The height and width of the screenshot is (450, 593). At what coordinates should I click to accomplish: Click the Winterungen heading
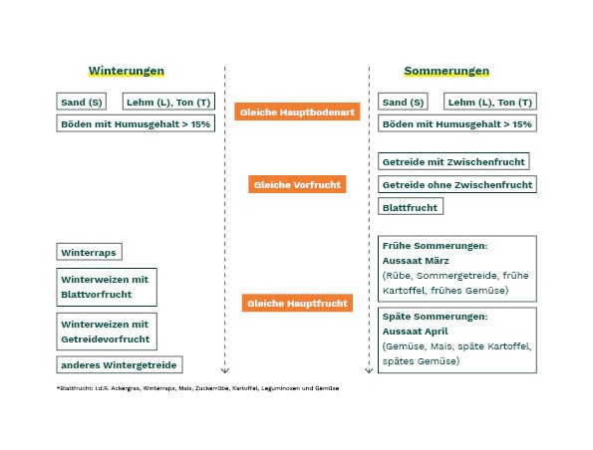(127, 71)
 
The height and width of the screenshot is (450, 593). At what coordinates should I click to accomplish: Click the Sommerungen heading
(446, 71)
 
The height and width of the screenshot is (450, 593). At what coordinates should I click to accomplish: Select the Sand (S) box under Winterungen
(82, 102)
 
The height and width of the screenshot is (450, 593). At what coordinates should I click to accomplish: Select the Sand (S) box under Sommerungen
(403, 102)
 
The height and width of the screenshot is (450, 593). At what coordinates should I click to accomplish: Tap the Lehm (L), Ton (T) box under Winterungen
(168, 102)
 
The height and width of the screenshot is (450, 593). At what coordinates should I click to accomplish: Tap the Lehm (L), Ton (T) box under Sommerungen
(490, 102)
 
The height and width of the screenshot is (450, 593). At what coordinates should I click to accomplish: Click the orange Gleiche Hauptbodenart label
(297, 112)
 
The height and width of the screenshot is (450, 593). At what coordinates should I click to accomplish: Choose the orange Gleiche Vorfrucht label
(297, 184)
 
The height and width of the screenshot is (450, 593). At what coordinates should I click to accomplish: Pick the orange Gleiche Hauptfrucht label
(297, 303)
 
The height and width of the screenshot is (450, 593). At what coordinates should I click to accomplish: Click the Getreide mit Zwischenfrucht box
(453, 161)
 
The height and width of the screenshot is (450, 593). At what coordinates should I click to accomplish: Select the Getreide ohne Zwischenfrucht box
(457, 184)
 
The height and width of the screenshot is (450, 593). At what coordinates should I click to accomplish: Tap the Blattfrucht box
(411, 207)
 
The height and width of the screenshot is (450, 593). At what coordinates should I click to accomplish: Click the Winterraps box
(90, 252)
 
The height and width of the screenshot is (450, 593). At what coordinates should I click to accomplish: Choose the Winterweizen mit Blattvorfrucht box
(107, 287)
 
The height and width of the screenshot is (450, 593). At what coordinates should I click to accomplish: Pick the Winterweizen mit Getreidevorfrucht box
(107, 332)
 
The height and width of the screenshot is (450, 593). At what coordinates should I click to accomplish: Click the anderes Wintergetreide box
(120, 365)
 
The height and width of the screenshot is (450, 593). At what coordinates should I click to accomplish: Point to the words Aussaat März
(416, 261)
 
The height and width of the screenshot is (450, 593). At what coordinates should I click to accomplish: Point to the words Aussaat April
(415, 332)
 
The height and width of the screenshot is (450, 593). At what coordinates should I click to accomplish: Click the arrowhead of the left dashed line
(225, 370)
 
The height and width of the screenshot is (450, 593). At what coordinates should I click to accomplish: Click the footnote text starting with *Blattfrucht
(197, 388)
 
